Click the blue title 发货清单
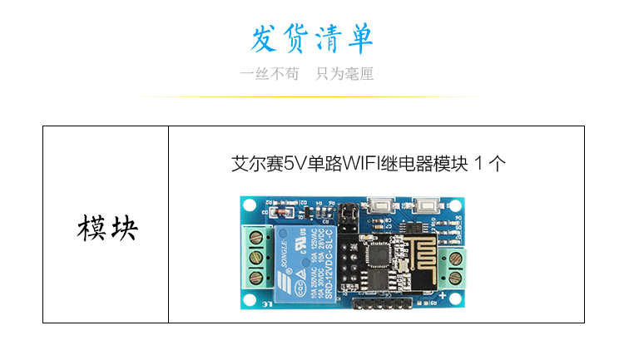312,39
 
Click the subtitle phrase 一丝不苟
269,74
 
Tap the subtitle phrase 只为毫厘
344,74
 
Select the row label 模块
106,227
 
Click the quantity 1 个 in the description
490,163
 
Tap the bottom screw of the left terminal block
256,276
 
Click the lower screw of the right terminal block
456,276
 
